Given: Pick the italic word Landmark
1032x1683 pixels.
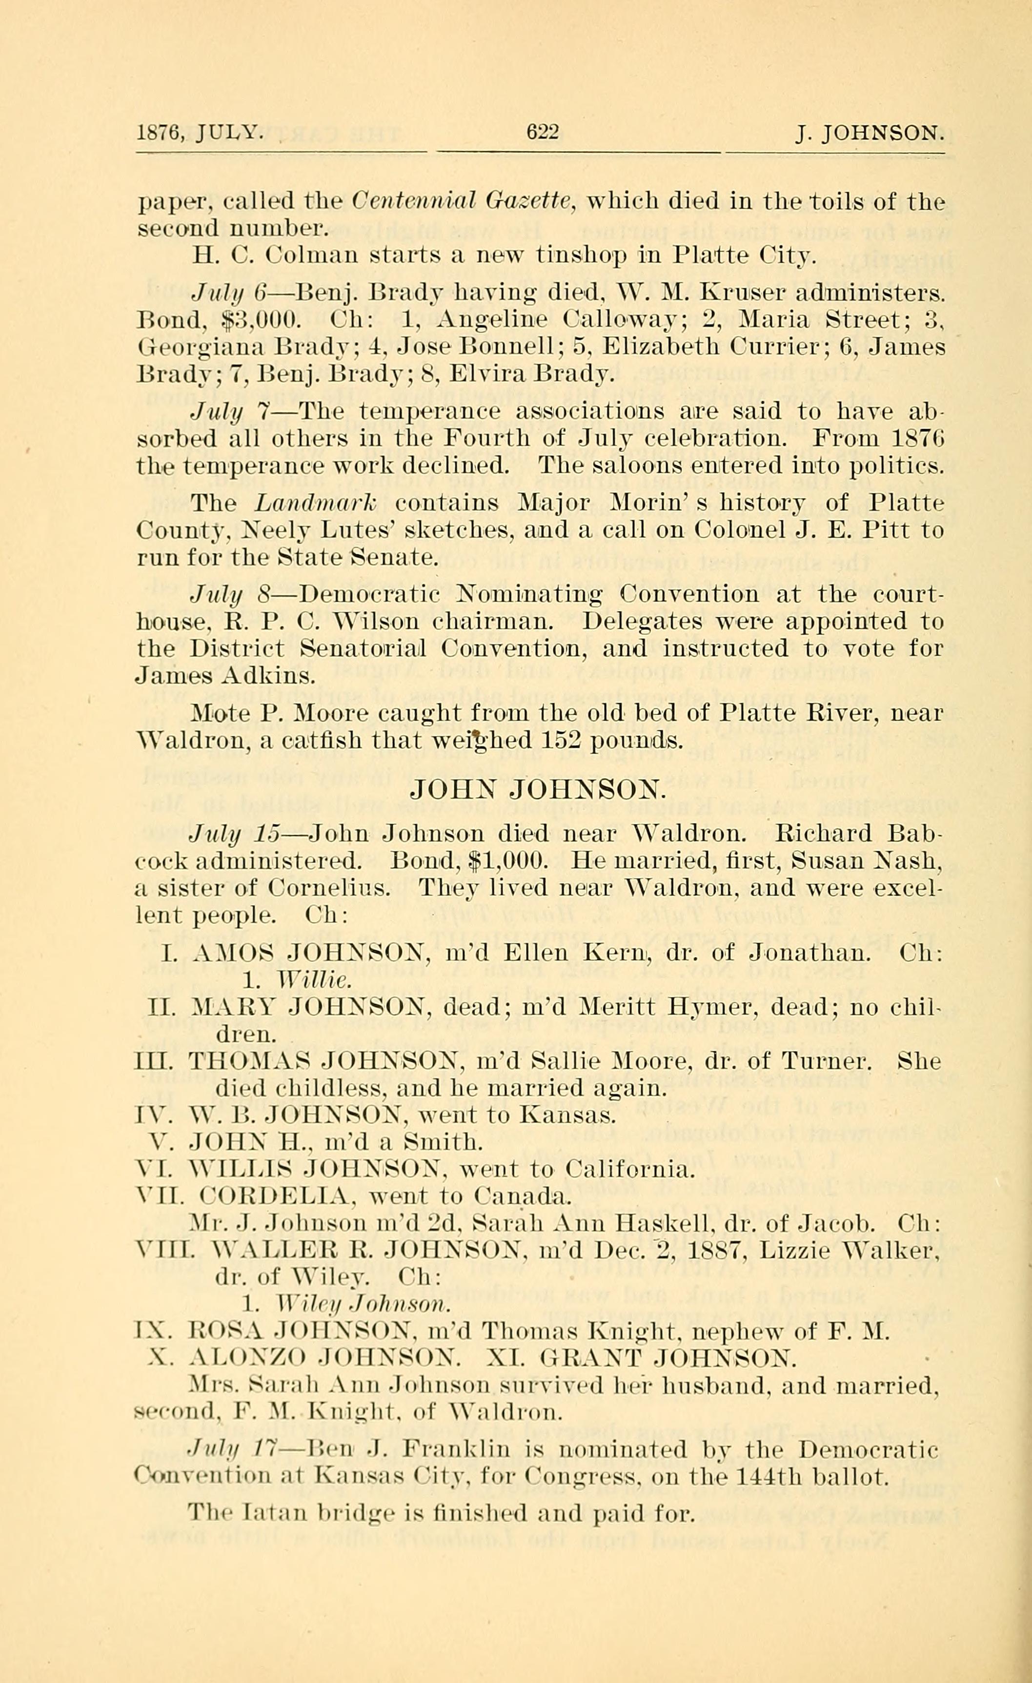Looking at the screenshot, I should point(316,504).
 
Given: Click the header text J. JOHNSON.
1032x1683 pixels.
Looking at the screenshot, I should point(870,132).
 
